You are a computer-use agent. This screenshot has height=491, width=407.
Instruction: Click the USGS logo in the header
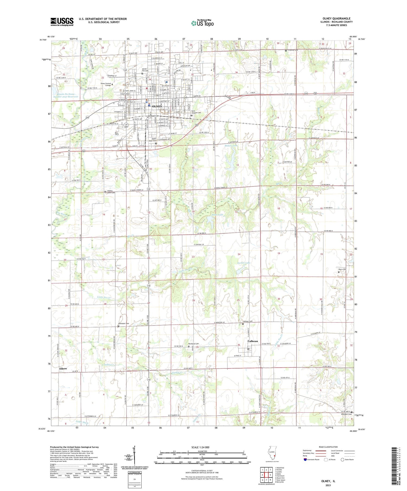(62, 22)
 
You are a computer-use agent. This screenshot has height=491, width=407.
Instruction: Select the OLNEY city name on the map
(157, 106)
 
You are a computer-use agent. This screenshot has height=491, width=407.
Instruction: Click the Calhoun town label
(253, 341)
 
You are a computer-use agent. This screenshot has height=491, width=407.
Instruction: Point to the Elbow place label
(63, 369)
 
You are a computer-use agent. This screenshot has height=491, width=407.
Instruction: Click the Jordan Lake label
(244, 263)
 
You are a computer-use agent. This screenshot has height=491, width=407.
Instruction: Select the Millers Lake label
(231, 146)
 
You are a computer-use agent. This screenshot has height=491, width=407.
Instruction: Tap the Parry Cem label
(342, 269)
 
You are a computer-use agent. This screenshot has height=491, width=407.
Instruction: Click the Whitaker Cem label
(346, 414)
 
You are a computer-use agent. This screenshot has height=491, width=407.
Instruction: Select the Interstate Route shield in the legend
(305, 460)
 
